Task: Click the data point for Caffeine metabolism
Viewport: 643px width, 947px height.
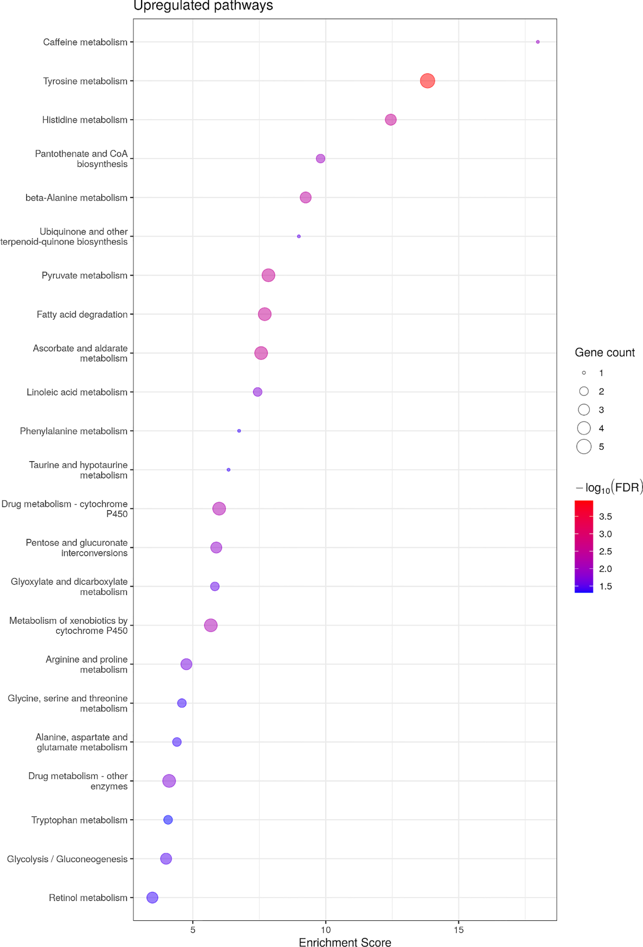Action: (537, 42)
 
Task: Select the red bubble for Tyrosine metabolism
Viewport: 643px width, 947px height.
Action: (427, 81)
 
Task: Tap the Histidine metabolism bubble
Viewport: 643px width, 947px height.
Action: (390, 120)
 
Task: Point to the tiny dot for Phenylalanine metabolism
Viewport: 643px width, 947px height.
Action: (239, 431)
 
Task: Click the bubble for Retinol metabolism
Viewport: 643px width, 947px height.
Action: (152, 898)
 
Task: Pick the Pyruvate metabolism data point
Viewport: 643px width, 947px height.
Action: (268, 275)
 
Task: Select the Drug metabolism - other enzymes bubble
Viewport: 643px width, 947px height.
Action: (169, 781)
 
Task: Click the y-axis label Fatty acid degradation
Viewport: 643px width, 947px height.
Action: (82, 314)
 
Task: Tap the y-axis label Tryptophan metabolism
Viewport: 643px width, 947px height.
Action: (79, 820)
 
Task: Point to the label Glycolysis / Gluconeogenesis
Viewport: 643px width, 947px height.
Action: (67, 859)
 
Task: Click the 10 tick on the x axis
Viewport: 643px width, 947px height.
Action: (326, 930)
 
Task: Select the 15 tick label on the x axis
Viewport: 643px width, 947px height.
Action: (458, 930)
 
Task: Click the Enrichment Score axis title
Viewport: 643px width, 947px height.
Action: (345, 942)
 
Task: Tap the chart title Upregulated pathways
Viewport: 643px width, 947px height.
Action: (203, 6)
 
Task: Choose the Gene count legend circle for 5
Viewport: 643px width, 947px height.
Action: (584, 447)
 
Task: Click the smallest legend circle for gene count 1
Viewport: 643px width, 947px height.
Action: (584, 373)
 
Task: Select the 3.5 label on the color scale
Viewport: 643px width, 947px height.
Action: (605, 516)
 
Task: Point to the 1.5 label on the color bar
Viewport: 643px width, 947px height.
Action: (605, 586)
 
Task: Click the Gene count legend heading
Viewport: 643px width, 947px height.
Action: (604, 352)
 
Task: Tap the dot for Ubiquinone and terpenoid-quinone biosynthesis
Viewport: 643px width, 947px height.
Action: (299, 237)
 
